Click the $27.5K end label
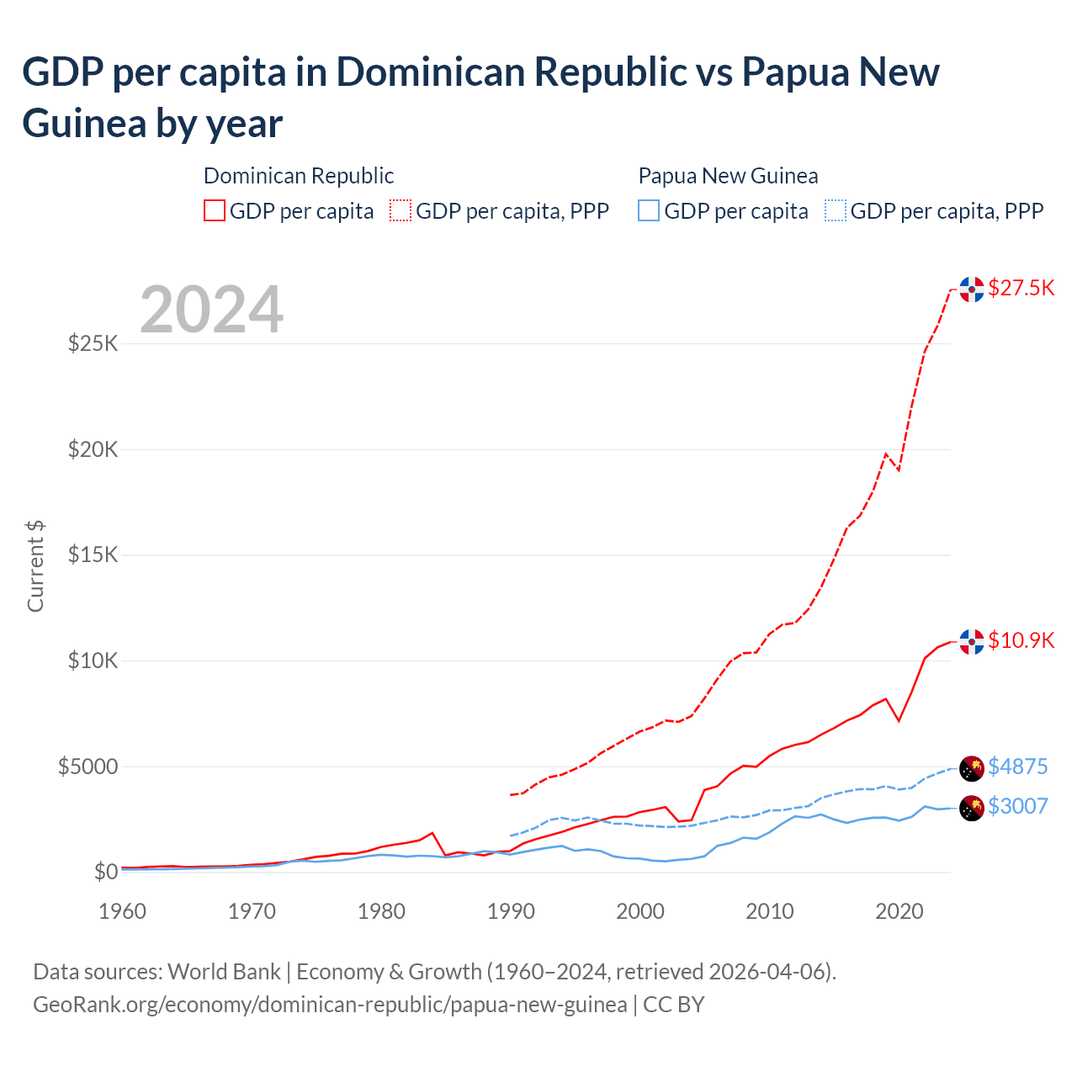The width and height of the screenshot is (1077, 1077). pyautogui.click(x=1021, y=288)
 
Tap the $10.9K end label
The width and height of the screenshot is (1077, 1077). pyautogui.click(x=1021, y=640)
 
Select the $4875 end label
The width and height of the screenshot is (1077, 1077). pyautogui.click(x=1017, y=767)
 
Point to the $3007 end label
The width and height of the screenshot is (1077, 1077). pyautogui.click(x=1017, y=806)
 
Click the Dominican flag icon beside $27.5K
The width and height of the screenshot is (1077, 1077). pyautogui.click(x=972, y=289)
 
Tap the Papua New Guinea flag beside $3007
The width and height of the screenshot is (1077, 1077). pyautogui.click(x=972, y=808)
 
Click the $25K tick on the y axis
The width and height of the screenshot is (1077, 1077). pyautogui.click(x=93, y=343)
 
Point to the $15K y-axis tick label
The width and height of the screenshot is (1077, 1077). pyautogui.click(x=93, y=555)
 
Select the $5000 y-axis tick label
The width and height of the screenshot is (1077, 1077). pyautogui.click(x=88, y=767)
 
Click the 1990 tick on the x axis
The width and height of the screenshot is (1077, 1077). pyautogui.click(x=511, y=911)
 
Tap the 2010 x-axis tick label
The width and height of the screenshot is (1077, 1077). pyautogui.click(x=770, y=911)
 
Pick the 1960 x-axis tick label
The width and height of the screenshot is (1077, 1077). pyautogui.click(x=123, y=911)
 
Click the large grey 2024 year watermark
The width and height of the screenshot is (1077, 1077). pyautogui.click(x=211, y=310)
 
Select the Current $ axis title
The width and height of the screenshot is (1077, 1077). pyautogui.click(x=35, y=566)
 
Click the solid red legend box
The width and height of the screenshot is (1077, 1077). pyautogui.click(x=215, y=210)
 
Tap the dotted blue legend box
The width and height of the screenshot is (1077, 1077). pyautogui.click(x=836, y=210)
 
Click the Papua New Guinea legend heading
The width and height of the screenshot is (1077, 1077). pyautogui.click(x=728, y=176)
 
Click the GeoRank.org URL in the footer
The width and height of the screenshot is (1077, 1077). pyautogui.click(x=330, y=1005)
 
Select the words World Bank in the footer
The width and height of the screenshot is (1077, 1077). pyautogui.click(x=224, y=972)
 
